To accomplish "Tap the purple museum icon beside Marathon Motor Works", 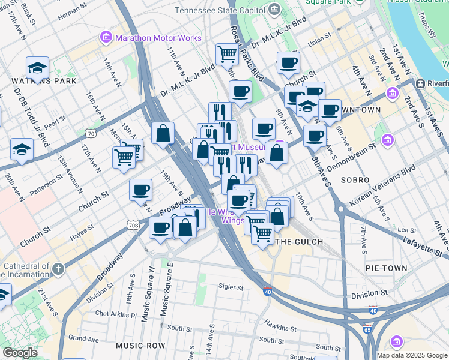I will coord(107,38).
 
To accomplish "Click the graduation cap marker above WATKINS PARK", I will coord(37,68).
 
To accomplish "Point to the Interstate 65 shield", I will coord(367,329).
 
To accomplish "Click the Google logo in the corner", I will coord(20,353).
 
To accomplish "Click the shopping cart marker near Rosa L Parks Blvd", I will coord(227,53).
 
